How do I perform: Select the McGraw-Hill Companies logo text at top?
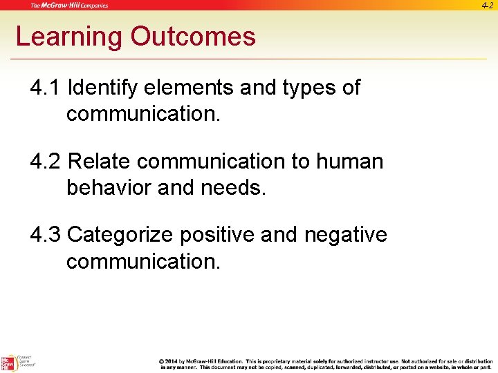coord(69,6)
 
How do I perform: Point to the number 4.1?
coord(46,88)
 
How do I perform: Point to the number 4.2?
coord(46,162)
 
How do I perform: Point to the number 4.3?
coord(46,236)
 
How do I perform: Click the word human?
coord(349,162)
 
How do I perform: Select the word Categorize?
coord(120,236)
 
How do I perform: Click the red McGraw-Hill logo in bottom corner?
coord(8,363)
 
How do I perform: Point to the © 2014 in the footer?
coord(170,361)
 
